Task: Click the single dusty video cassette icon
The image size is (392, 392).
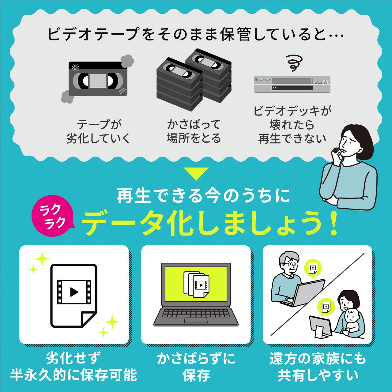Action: (98, 79)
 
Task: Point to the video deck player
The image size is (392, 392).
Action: (292, 84)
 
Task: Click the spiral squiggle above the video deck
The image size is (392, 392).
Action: (294, 63)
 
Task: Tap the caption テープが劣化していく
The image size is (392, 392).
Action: (98, 131)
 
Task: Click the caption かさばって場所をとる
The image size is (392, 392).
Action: (194, 131)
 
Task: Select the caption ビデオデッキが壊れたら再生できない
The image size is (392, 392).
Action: (292, 125)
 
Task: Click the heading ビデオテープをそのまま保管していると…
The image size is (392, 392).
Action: (195, 34)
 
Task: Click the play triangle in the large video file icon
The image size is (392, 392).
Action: (74, 292)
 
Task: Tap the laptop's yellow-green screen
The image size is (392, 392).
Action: (196, 284)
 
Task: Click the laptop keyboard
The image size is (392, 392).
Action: (196, 314)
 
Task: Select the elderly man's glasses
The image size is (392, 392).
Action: (291, 264)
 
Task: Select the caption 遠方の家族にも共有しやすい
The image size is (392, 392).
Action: (318, 367)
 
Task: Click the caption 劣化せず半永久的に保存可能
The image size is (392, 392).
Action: (73, 367)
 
